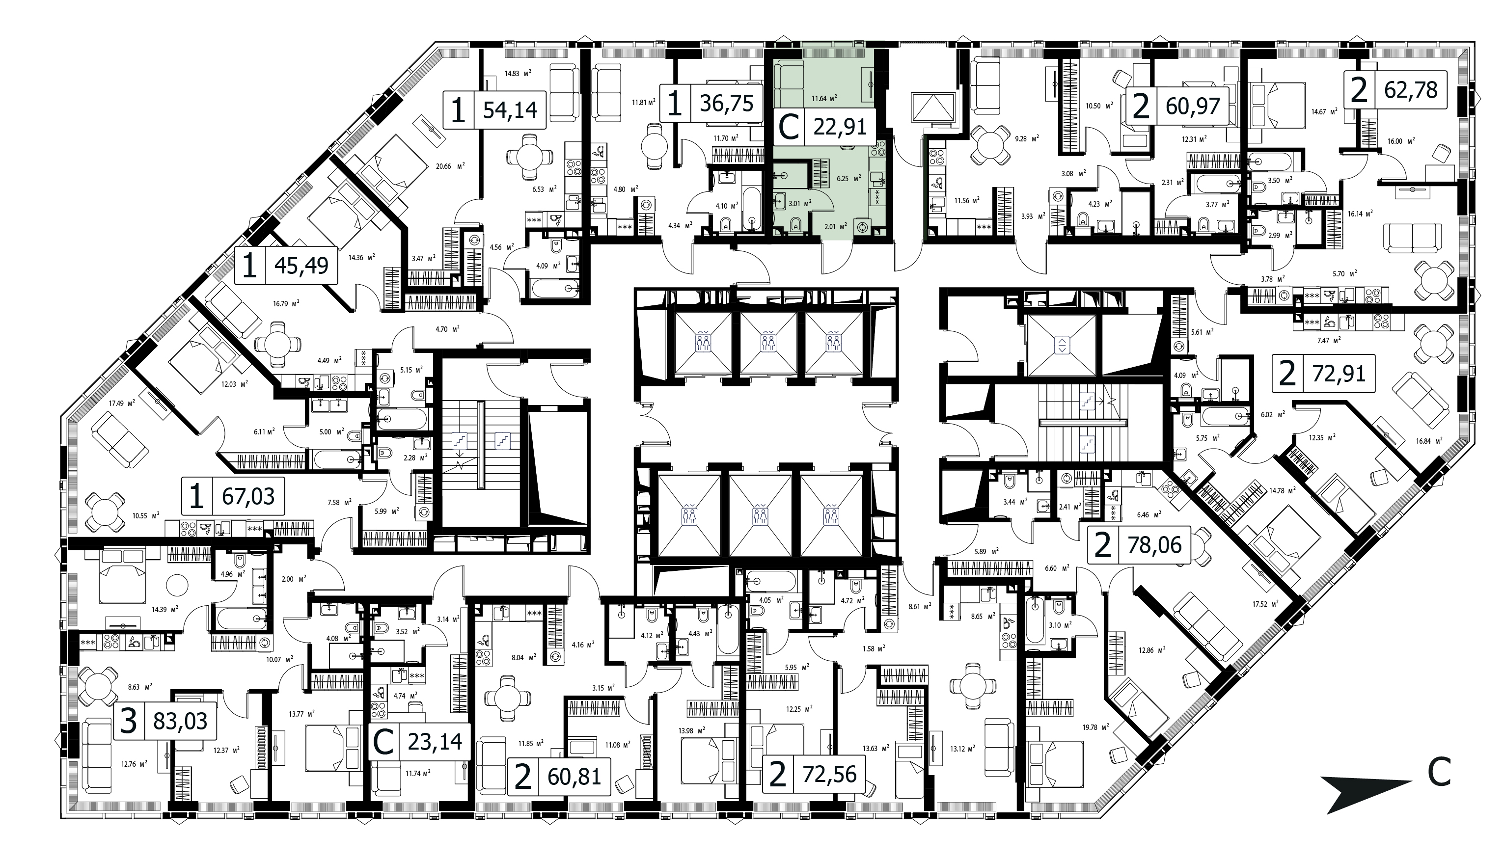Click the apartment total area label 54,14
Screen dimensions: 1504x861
pyautogui.click(x=510, y=110)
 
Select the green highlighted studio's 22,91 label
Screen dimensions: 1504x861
pyautogui.click(x=840, y=127)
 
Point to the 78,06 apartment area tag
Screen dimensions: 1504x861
pyautogui.click(x=1154, y=545)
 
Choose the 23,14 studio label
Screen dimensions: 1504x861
pyautogui.click(x=435, y=741)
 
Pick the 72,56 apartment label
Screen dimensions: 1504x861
pyautogui.click(x=829, y=774)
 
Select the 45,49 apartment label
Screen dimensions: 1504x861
pyautogui.click(x=301, y=265)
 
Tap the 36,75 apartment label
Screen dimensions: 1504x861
pyautogui.click(x=726, y=103)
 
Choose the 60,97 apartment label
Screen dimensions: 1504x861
pyautogui.click(x=1192, y=106)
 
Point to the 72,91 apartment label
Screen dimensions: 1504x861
pyautogui.click(x=1339, y=374)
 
